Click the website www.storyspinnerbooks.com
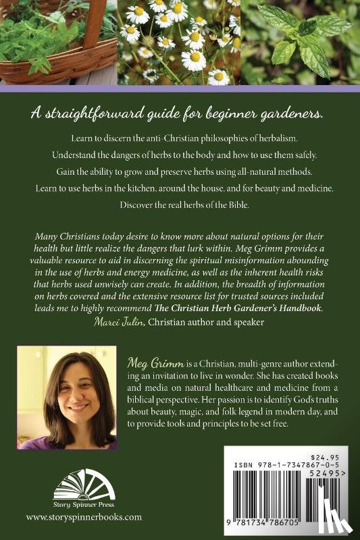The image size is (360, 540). (x=84, y=516)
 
